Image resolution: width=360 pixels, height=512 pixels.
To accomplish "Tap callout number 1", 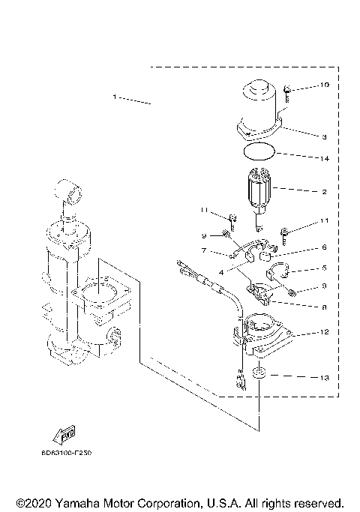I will point(115,97).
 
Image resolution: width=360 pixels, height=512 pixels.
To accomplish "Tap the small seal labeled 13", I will point(258,374).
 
